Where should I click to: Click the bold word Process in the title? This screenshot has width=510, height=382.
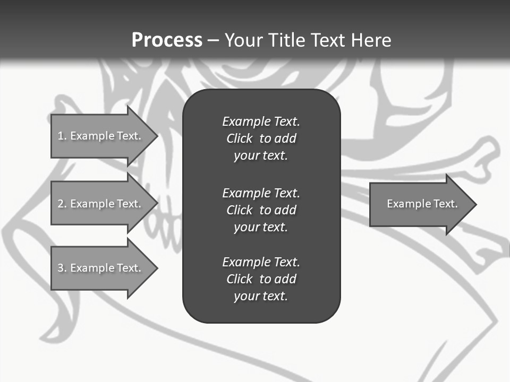click(x=167, y=40)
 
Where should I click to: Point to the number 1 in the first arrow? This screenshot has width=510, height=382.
click(x=61, y=136)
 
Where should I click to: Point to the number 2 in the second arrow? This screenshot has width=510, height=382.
click(x=61, y=204)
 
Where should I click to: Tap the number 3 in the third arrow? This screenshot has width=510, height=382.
click(x=61, y=268)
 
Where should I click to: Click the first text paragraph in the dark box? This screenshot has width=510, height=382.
click(x=261, y=138)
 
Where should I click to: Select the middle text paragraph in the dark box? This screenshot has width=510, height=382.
click(x=261, y=210)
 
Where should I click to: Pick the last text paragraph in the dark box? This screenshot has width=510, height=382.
click(x=261, y=279)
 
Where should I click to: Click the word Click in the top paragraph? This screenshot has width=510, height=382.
click(x=239, y=138)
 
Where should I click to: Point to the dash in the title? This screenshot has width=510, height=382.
click(x=213, y=40)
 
